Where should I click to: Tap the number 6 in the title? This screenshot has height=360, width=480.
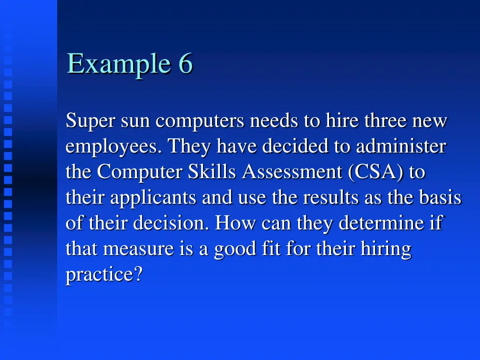pos(185,64)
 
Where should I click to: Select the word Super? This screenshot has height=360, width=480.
pos(90,121)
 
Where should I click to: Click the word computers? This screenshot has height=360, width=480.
pos(200,121)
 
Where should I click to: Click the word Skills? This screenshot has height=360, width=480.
pos(213,172)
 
